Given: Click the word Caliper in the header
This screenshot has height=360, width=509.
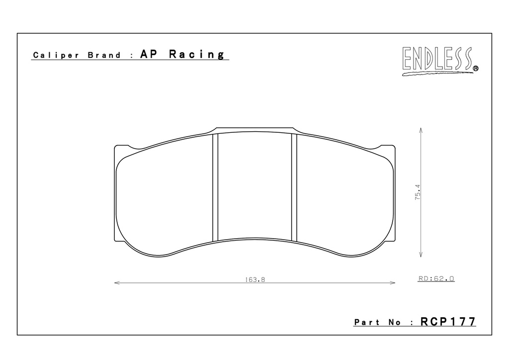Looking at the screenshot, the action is (x=56, y=56).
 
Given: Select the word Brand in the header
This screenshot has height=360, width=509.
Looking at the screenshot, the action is (x=104, y=55).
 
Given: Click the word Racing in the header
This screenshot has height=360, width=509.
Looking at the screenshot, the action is (x=197, y=54).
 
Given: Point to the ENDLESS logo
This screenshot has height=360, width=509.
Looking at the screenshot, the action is (x=440, y=61).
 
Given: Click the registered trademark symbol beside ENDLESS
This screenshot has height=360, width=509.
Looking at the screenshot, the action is (x=476, y=69).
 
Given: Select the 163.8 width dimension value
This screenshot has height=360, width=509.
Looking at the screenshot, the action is (x=255, y=279).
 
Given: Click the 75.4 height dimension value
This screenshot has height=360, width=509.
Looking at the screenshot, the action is (x=418, y=192).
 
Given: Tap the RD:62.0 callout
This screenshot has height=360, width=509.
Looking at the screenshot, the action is (x=436, y=278).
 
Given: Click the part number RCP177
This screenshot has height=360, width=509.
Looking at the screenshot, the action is (x=448, y=321).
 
